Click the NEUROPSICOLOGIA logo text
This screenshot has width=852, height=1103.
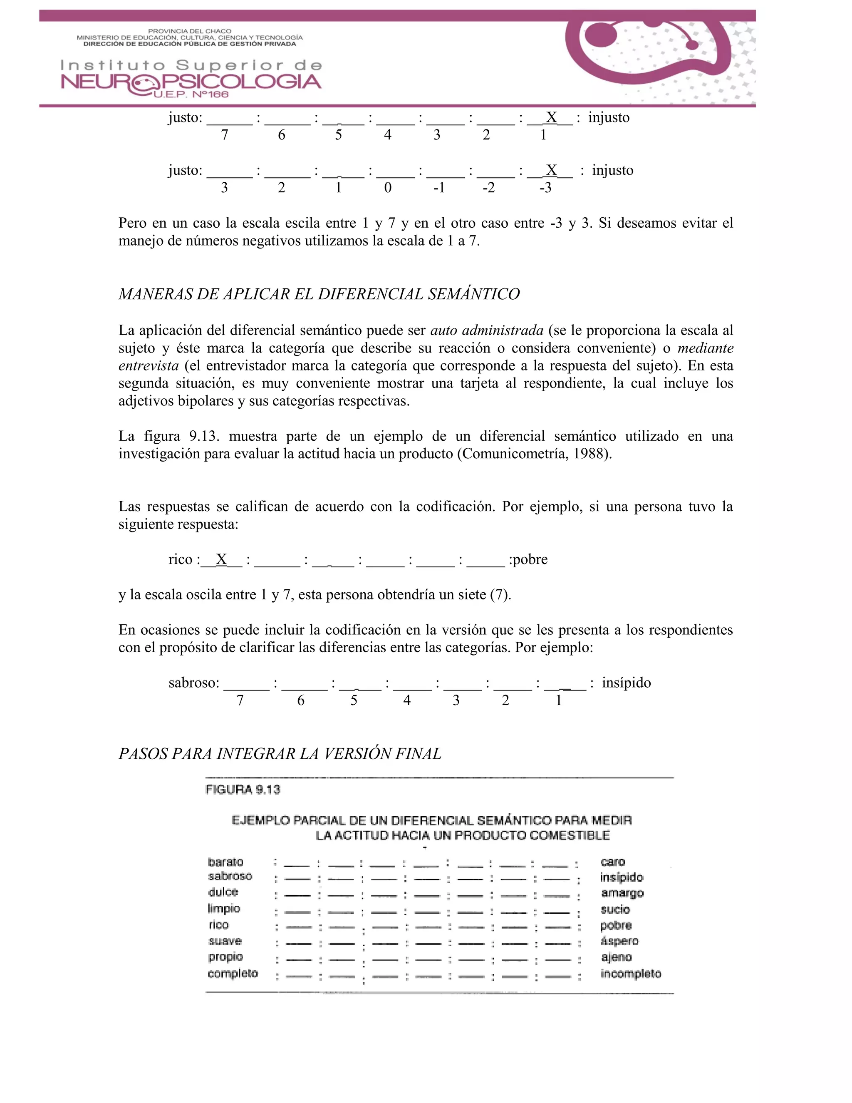tap(191, 82)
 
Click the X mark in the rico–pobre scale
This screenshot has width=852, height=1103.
tap(221, 559)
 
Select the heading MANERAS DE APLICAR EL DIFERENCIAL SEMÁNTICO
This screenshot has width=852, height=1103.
tap(319, 294)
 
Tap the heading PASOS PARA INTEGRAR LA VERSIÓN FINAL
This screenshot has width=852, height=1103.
tap(280, 753)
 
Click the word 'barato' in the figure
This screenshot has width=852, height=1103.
tap(225, 862)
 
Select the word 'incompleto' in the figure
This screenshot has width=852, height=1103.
tap(630, 973)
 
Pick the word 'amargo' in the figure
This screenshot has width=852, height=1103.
tap(622, 893)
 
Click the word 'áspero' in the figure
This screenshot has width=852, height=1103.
tap(620, 941)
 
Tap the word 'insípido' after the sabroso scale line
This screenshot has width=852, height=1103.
tap(627, 683)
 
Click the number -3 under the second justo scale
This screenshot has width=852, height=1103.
tap(545, 188)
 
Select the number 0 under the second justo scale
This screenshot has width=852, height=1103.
tap(388, 188)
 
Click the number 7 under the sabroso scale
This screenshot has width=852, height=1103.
tap(240, 701)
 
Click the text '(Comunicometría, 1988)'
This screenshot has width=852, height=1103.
tap(534, 454)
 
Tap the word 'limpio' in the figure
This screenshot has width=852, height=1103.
tap(223, 909)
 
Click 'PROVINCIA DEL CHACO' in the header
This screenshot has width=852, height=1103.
tap(189, 31)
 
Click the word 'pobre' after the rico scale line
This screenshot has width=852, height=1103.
tap(530, 559)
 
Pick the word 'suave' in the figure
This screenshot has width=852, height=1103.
tap(225, 941)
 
